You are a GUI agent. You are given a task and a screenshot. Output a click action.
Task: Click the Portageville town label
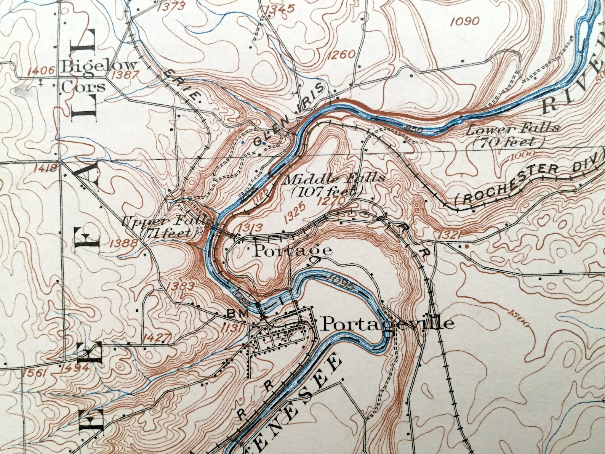[x=388, y=324]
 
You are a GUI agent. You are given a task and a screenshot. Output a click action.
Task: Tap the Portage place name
[x=293, y=250]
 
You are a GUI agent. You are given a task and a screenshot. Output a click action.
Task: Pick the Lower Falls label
[x=513, y=135]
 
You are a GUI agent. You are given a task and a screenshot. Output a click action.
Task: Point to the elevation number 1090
[x=464, y=21]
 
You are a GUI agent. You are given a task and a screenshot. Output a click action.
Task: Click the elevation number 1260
[x=341, y=55]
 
